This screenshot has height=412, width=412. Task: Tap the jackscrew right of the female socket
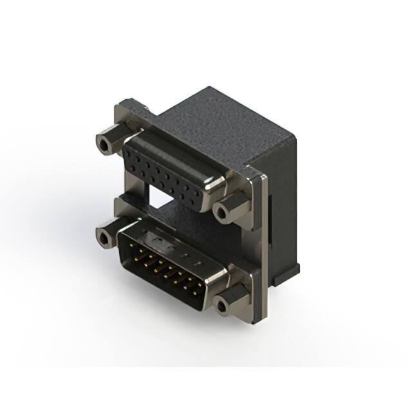click(229, 208)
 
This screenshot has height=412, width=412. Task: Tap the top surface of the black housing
click(219, 122)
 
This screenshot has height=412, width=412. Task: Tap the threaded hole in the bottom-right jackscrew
click(223, 307)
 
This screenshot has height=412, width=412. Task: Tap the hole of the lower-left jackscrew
click(104, 239)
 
